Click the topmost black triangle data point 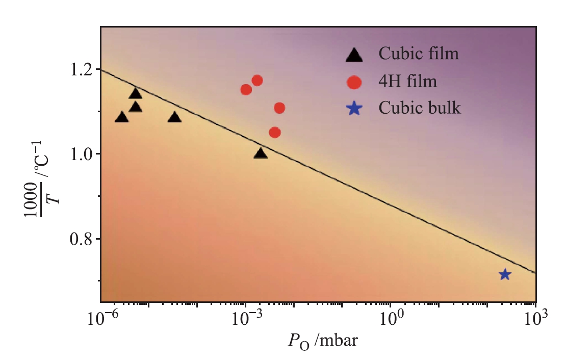[x=136, y=93]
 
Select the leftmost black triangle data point [x=122, y=118]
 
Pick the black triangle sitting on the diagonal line [x=261, y=153]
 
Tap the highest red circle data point [x=257, y=81]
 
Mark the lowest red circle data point [x=275, y=133]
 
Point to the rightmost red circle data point [x=279, y=108]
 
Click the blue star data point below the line [x=505, y=274]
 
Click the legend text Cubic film [x=419, y=54]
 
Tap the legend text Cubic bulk [x=420, y=108]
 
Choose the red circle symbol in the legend [x=354, y=82]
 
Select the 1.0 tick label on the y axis [x=80, y=154]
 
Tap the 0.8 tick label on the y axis [x=80, y=239]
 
